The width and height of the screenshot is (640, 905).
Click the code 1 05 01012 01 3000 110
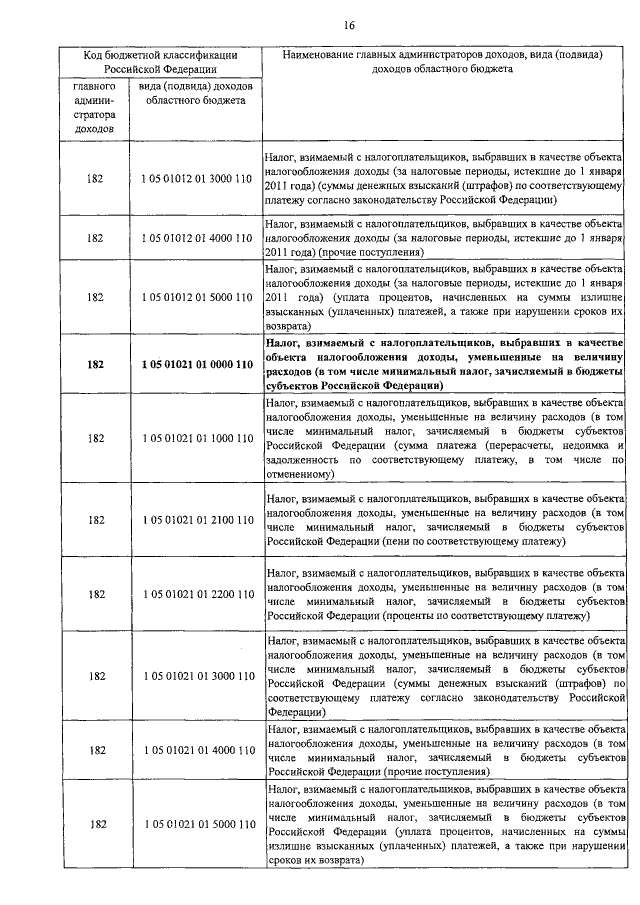[x=197, y=179]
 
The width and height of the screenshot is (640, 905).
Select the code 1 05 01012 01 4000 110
[x=197, y=239]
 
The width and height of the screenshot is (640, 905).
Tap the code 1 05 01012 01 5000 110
[x=197, y=297]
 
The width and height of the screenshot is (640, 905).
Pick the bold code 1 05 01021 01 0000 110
[x=197, y=365]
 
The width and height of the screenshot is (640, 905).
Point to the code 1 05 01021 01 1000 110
[x=197, y=438]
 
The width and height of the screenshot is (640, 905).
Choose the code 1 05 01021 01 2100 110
[x=197, y=520]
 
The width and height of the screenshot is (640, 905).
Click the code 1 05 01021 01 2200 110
[x=197, y=594]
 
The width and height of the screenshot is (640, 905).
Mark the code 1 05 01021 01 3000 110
[x=197, y=676]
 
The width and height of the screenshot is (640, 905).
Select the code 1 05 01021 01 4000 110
[x=197, y=750]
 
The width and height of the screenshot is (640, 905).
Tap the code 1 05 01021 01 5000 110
[x=197, y=824]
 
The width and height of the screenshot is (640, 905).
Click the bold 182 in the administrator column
[x=95, y=365]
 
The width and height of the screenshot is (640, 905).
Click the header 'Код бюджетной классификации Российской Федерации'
[x=159, y=62]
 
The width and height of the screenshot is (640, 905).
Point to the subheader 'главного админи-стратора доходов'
[x=95, y=108]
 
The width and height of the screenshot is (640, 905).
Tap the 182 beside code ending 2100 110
[x=95, y=520]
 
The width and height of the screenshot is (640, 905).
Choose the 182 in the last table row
[x=95, y=824]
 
